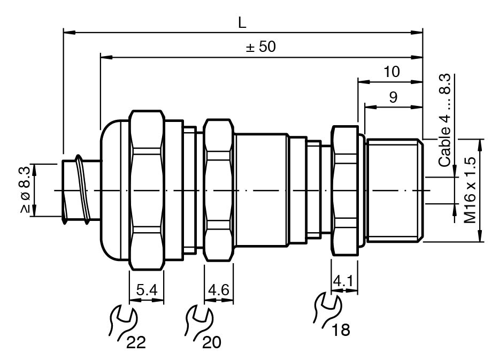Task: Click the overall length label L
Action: click(x=242, y=23)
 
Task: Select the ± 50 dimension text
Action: click(x=260, y=47)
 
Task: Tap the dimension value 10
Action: click(x=391, y=72)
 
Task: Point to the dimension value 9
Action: click(x=393, y=97)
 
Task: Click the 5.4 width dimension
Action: click(x=147, y=290)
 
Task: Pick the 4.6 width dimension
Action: click(x=219, y=290)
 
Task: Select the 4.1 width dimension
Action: click(x=343, y=281)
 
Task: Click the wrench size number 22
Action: click(x=136, y=343)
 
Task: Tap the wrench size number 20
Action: click(x=212, y=343)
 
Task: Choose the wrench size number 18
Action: click(x=341, y=330)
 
